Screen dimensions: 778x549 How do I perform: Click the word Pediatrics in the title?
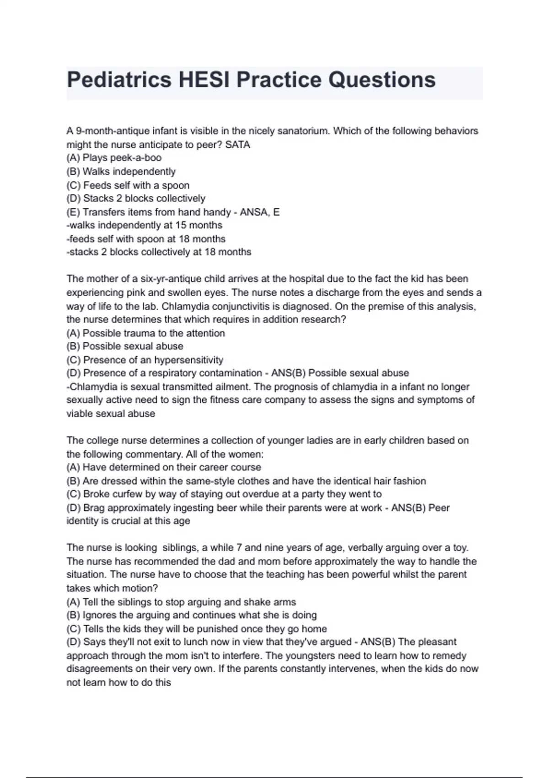pyautogui.click(x=118, y=80)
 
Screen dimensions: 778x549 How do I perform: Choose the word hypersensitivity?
pyautogui.click(x=188, y=360)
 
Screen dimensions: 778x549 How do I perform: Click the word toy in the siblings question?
pyautogui.click(x=460, y=548)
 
